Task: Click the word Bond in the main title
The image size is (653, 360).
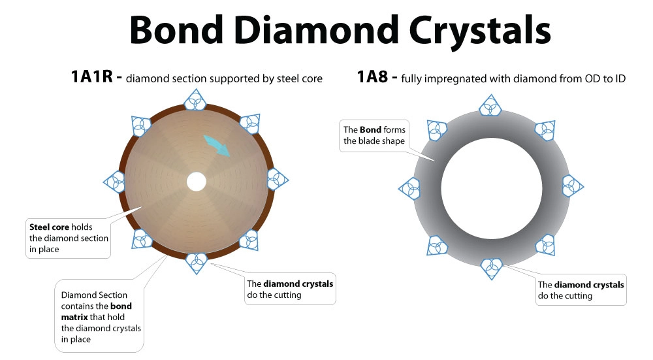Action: pyautogui.click(x=176, y=30)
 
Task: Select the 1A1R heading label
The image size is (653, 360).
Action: pyautogui.click(x=91, y=77)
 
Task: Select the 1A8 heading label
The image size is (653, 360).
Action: pyautogui.click(x=372, y=77)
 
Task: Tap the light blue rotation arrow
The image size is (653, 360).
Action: pyautogui.click(x=217, y=146)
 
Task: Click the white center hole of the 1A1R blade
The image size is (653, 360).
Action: pyautogui.click(x=197, y=182)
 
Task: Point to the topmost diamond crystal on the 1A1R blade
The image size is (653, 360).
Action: pyautogui.click(x=195, y=100)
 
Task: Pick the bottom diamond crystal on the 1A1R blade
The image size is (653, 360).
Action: pyautogui.click(x=196, y=263)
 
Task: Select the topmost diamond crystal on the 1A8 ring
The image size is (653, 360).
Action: pyautogui.click(x=490, y=106)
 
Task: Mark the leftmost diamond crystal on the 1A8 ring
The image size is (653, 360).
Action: pyautogui.click(x=410, y=188)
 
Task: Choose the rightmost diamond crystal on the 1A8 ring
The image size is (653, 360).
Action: pyautogui.click(x=573, y=186)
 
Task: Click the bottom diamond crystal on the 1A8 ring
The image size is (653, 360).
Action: pyautogui.click(x=492, y=269)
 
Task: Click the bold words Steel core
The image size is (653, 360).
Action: pyautogui.click(x=49, y=227)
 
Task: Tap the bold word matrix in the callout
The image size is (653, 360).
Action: pyautogui.click(x=74, y=317)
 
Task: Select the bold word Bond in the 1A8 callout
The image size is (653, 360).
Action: pyautogui.click(x=371, y=129)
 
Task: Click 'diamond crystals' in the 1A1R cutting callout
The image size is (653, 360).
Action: pyautogui.click(x=298, y=284)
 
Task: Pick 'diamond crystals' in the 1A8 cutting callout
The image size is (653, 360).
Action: pyautogui.click(x=589, y=285)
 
